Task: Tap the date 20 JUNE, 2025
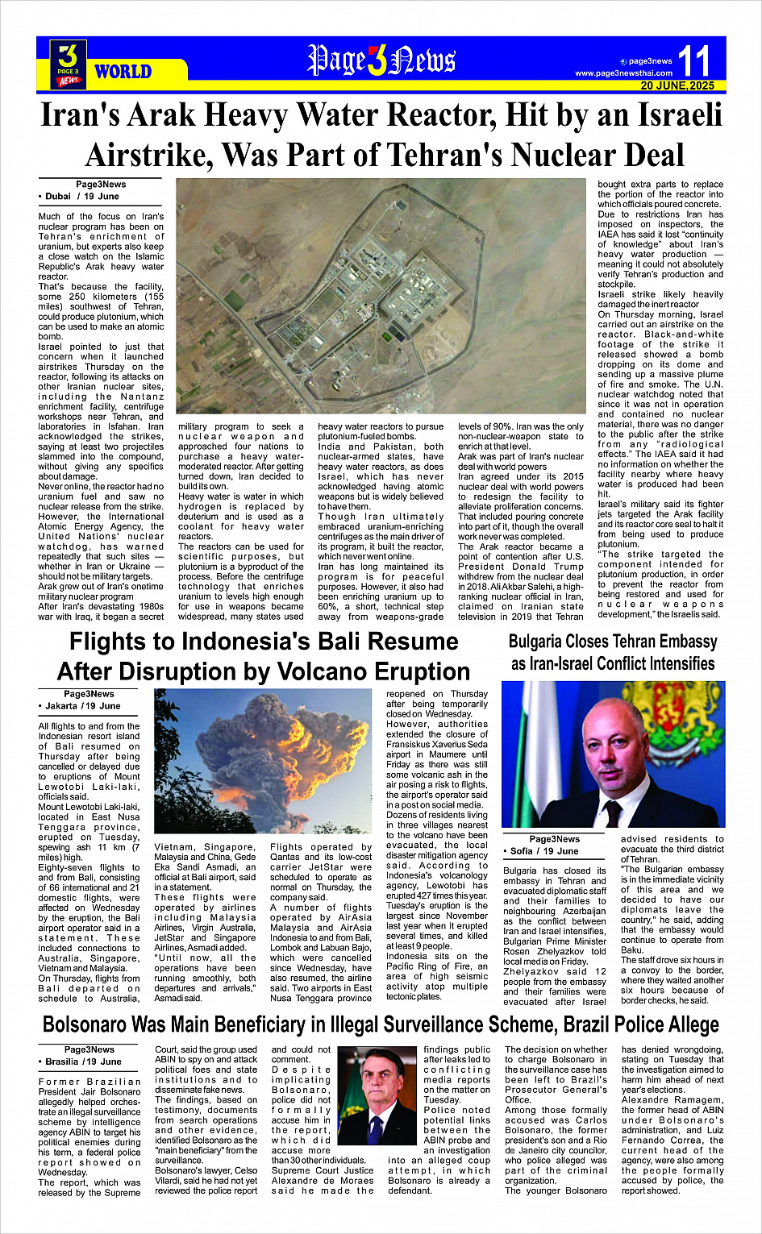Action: tap(677, 85)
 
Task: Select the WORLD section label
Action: tap(123, 72)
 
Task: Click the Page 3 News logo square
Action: tap(69, 64)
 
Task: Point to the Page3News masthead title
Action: tap(381, 60)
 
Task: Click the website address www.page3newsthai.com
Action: tap(623, 73)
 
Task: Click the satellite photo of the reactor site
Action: tap(381, 298)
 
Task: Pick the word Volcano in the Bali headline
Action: tap(348, 671)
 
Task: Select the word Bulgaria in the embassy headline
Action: tap(546, 642)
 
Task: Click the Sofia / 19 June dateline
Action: tap(545, 850)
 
